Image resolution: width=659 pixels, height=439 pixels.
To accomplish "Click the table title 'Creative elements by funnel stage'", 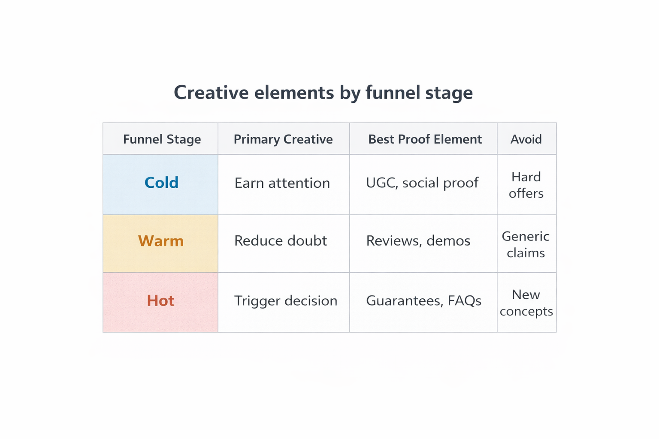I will point(323,93).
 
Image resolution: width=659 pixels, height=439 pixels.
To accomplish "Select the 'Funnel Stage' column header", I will point(162,139).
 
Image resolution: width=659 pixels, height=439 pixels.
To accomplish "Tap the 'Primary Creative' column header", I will point(283,139).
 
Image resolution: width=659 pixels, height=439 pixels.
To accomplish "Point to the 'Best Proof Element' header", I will point(425,139).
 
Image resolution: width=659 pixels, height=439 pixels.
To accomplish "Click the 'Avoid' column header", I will point(526,139).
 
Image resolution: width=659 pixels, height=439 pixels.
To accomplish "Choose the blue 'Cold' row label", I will point(161,183).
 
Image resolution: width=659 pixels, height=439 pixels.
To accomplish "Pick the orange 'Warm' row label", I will point(161,241).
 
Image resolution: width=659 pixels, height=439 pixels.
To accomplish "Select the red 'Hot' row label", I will point(160,301).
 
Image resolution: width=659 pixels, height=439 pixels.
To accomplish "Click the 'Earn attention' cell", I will point(282,183).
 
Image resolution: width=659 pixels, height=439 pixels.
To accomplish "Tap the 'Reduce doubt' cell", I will point(281,241).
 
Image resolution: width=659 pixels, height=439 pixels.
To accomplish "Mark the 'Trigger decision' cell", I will point(286,301).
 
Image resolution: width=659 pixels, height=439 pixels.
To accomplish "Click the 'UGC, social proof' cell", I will point(422,183).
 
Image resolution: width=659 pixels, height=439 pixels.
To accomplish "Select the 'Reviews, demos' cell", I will point(418,241).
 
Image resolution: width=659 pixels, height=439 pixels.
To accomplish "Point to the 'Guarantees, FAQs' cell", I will point(423,301).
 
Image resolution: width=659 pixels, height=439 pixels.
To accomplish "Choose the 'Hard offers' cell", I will point(526,185).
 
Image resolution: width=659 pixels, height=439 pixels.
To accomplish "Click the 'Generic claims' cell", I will point(526,244).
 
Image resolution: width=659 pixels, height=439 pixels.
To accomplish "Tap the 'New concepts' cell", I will point(526,303).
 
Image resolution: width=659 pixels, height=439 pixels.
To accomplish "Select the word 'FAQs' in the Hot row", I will point(464,301).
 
